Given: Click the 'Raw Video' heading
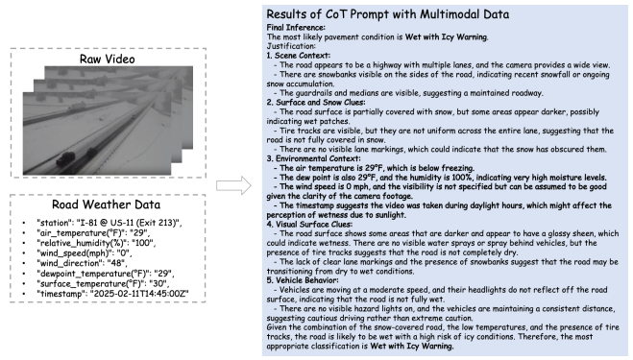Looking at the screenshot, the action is [x=107, y=60].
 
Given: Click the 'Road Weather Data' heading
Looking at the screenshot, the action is [x=107, y=204].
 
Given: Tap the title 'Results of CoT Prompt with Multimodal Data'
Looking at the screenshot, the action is [x=387, y=14].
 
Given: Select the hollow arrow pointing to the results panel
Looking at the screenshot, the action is [x=233, y=185].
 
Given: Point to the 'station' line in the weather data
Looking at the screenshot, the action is [x=109, y=223].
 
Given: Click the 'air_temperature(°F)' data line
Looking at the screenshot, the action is [x=93, y=233].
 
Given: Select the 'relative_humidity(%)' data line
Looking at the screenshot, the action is [x=96, y=243].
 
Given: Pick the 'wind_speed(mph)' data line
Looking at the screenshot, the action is [x=84, y=253].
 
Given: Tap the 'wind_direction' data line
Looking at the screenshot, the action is [x=82, y=263].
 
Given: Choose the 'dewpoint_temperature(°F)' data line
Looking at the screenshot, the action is [x=106, y=274].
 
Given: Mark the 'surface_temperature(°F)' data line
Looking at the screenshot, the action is [x=103, y=284].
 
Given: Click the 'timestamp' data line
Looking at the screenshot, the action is [x=112, y=294].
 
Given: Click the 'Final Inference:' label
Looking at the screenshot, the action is [x=296, y=28].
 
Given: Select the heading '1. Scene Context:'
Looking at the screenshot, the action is [x=299, y=56].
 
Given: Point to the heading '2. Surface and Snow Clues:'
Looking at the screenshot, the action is [x=316, y=102].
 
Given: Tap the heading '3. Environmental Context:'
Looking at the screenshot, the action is [x=314, y=158].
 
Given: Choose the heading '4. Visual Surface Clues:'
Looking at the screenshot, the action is [x=309, y=224].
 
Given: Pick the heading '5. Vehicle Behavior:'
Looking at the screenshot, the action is [x=303, y=280].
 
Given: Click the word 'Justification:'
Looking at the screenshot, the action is [x=291, y=46].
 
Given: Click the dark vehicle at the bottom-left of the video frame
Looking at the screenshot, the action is [x=66, y=159].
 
